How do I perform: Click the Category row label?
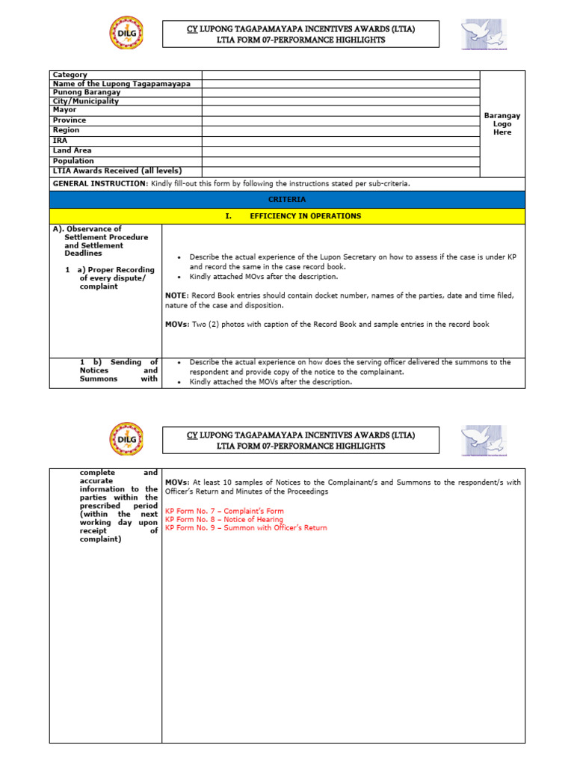[x=70, y=75]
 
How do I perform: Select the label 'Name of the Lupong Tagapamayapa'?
[x=121, y=84]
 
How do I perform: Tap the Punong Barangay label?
[x=87, y=92]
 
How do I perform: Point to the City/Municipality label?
[x=86, y=101]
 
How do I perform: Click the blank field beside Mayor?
[x=340, y=110]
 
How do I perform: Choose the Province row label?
[x=70, y=120]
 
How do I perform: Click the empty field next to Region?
[x=340, y=130]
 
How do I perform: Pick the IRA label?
[x=60, y=140]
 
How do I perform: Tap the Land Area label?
[x=73, y=150]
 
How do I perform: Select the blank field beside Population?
[x=340, y=161]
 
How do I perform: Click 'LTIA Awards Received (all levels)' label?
[x=117, y=171]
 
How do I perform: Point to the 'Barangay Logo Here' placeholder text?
[x=502, y=123]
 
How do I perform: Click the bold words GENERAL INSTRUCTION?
[x=99, y=183]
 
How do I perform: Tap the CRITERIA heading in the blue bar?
[x=288, y=200]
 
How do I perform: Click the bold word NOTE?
[x=176, y=295]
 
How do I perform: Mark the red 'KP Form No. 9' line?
[x=246, y=528]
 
